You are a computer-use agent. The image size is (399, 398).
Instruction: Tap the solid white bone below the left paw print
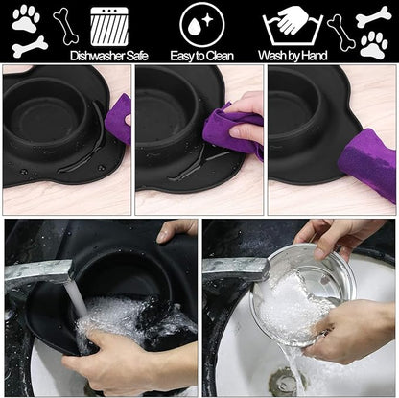pyautogui.click(x=29, y=44)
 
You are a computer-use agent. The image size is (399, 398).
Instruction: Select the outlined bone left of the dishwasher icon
pyautogui.click(x=65, y=26)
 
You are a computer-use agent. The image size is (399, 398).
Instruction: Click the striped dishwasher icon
pyautogui.click(x=109, y=25)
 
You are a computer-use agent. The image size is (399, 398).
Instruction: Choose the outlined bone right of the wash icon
pyautogui.click(x=340, y=32)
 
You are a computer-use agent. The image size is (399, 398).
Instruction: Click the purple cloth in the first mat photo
pyautogui.click(x=119, y=119)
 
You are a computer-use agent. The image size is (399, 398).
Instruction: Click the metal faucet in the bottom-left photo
pyautogui.click(x=38, y=272)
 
